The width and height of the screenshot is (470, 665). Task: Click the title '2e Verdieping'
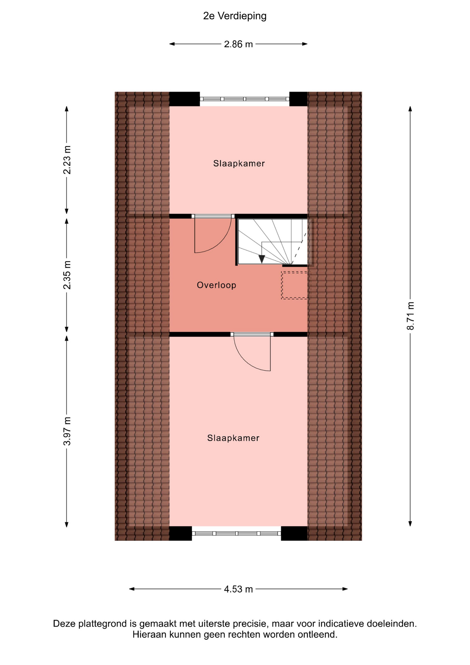pos(235,16)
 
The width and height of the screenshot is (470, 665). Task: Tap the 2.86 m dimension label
pos(238,44)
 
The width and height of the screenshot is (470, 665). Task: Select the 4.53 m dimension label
pos(238,589)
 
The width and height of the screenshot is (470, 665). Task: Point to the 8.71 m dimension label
pos(410,316)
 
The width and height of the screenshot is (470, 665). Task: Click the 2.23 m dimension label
pos(67,160)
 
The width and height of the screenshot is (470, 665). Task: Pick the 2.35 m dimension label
pos(67,275)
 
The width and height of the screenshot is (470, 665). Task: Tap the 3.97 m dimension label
pos(67,431)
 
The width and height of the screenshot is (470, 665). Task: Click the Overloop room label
pos(217,285)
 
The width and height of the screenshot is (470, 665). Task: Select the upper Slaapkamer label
pos(239,163)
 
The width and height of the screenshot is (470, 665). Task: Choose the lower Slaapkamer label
pos(233,438)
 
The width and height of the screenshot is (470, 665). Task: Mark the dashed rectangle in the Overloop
pos(296,285)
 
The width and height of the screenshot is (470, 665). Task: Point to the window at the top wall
pos(244,99)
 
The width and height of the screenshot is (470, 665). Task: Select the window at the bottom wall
pos(236,533)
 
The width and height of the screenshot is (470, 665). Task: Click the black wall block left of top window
pos(184,99)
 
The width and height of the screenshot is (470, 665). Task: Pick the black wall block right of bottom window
pos(294,533)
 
